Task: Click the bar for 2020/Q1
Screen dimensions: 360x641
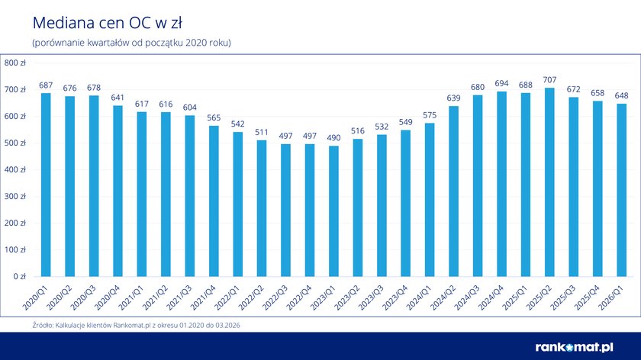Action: pyautogui.click(x=46, y=185)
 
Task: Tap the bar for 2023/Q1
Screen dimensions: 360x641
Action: pyautogui.click(x=334, y=211)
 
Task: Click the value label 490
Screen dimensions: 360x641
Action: pyautogui.click(x=334, y=137)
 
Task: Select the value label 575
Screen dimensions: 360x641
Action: pyautogui.click(x=430, y=114)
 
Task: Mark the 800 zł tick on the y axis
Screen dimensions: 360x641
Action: pyautogui.click(x=14, y=63)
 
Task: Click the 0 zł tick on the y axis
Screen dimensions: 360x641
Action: pyautogui.click(x=19, y=276)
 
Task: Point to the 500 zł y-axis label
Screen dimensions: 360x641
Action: pyautogui.click(x=14, y=143)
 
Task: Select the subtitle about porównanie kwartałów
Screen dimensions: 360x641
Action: pyautogui.click(x=131, y=42)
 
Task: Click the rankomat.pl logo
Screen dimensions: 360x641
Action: pyautogui.click(x=585, y=346)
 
